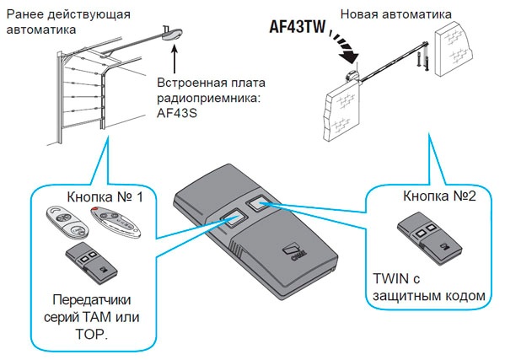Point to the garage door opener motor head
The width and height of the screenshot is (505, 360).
coord(173,35)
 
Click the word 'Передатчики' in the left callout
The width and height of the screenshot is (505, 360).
coord(87,298)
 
